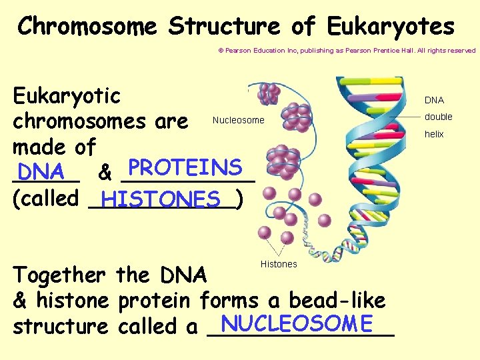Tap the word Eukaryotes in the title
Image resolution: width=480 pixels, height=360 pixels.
(x=391, y=27)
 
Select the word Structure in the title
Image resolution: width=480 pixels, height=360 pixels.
(x=226, y=27)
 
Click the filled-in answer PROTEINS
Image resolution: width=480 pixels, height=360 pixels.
(x=185, y=167)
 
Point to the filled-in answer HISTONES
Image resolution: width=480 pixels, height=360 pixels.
(x=161, y=199)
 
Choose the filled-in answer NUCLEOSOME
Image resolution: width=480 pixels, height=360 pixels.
(x=297, y=323)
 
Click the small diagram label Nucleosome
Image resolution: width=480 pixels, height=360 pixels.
(x=238, y=121)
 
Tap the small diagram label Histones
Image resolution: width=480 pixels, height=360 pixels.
(x=279, y=265)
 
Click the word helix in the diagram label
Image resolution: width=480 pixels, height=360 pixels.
(x=434, y=134)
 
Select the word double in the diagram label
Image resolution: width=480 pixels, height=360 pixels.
(x=439, y=117)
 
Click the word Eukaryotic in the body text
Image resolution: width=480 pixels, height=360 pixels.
(x=67, y=96)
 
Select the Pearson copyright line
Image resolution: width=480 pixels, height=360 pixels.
(x=347, y=51)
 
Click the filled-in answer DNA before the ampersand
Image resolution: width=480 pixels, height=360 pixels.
(x=41, y=173)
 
